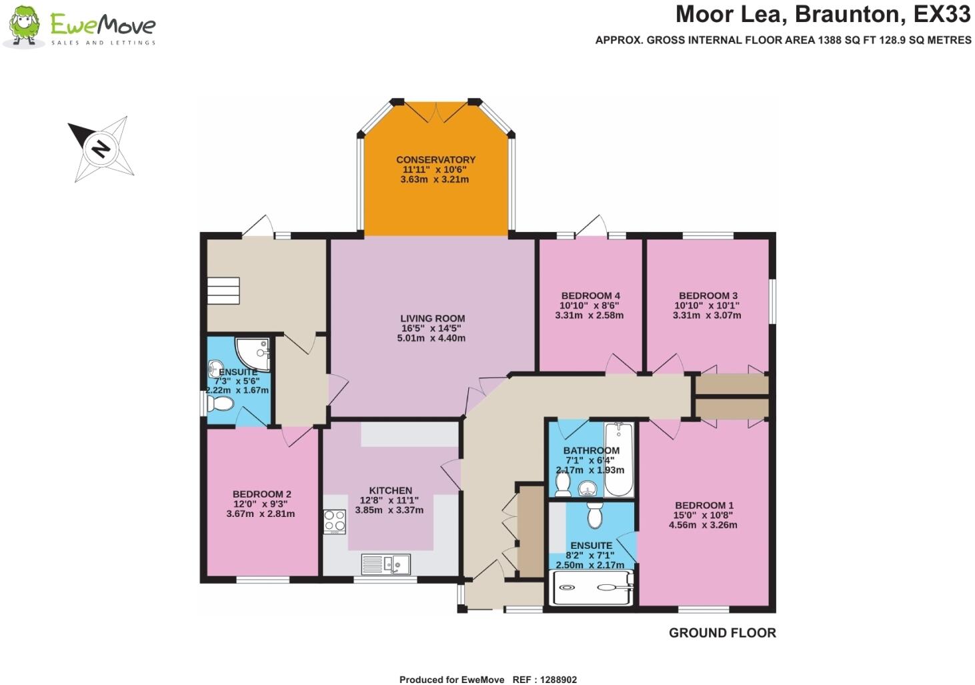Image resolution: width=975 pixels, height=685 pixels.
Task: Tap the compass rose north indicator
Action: (x=100, y=148)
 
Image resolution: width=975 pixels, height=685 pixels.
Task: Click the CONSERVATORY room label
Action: (x=435, y=160)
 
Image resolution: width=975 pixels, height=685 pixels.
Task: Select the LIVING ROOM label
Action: (x=432, y=319)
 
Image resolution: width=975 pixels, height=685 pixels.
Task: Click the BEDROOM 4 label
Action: (x=590, y=296)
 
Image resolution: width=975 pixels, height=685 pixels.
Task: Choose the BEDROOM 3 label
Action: (x=708, y=296)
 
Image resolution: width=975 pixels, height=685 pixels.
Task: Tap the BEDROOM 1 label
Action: (x=704, y=506)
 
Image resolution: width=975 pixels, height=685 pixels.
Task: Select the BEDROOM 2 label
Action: (x=261, y=495)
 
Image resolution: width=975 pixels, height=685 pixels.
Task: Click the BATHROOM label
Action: (x=591, y=451)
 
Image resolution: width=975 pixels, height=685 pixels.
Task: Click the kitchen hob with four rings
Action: (x=334, y=522)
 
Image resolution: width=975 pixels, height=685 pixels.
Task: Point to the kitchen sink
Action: (x=386, y=564)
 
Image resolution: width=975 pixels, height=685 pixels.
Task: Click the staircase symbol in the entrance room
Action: (x=223, y=291)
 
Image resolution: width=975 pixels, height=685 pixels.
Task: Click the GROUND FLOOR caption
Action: (x=722, y=633)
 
